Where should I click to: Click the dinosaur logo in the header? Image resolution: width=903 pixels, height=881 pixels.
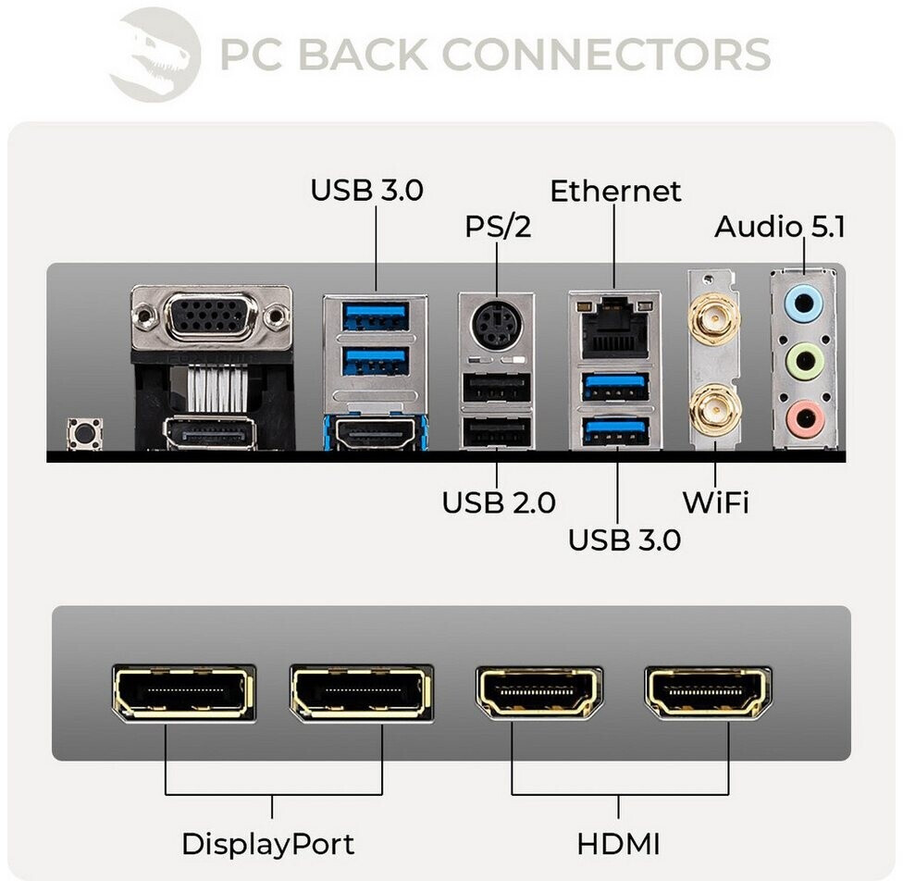(x=155, y=54)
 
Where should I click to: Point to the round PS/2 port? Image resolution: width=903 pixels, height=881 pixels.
(x=496, y=326)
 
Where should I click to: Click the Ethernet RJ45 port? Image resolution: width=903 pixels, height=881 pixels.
(x=613, y=326)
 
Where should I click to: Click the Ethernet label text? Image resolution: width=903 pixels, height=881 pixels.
(x=615, y=192)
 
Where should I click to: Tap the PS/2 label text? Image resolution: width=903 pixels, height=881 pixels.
(x=498, y=227)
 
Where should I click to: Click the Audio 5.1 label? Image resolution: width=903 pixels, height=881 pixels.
(x=780, y=227)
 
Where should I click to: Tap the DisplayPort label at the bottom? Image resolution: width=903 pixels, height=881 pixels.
(x=267, y=844)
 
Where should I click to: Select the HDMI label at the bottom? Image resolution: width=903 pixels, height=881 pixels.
(x=618, y=844)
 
